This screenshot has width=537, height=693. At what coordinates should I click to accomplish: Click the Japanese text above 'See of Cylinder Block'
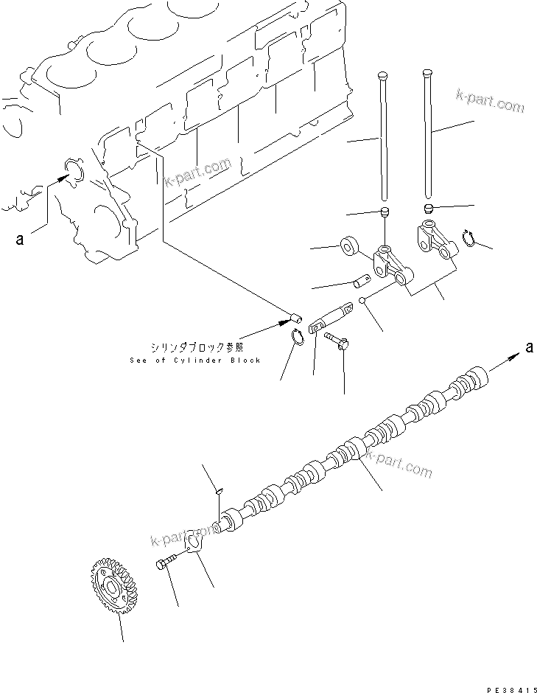194,346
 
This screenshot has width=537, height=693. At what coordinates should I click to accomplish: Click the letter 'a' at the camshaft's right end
528,347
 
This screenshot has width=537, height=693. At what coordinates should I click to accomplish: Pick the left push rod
383,136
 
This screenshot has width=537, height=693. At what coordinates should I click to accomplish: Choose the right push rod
428,133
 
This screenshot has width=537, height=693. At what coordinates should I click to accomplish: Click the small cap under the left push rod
383,213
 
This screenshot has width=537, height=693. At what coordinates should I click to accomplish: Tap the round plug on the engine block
75,170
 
